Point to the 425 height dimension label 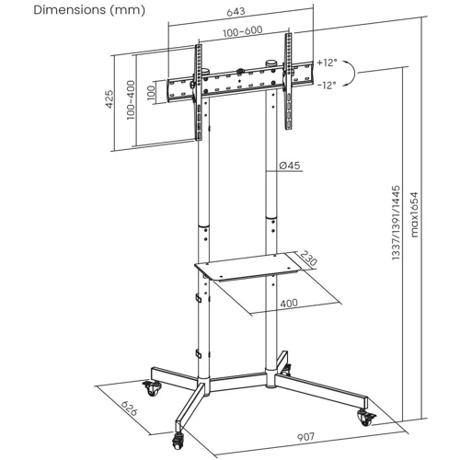point(111,99)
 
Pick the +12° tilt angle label point(327,63)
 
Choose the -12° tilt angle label point(327,85)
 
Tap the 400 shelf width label point(289,303)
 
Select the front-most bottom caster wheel point(178,424)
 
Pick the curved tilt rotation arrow point(356,74)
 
